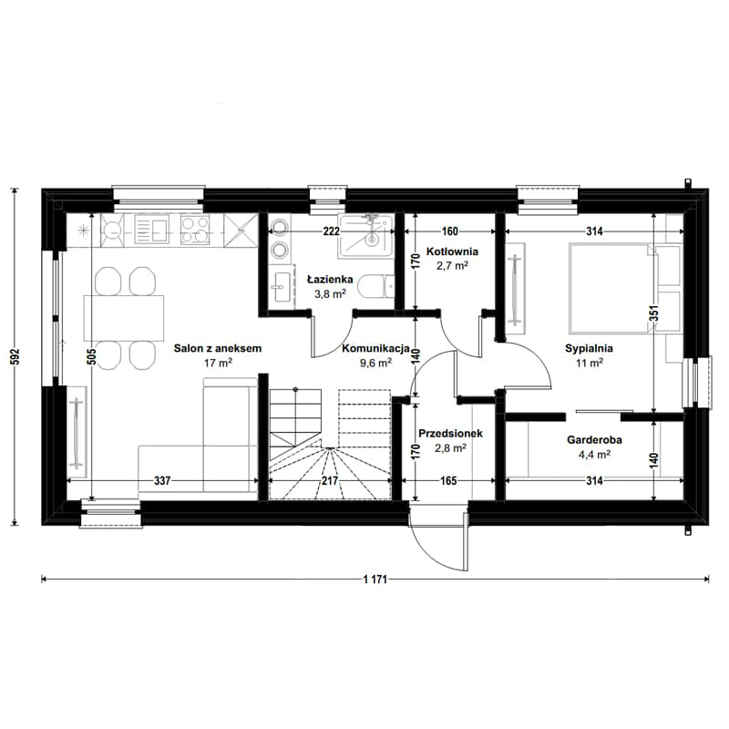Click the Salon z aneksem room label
click(x=218, y=348)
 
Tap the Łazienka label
click(x=330, y=280)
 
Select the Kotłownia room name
click(x=452, y=252)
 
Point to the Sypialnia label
click(x=589, y=348)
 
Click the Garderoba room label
click(x=594, y=440)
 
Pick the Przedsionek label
click(x=450, y=434)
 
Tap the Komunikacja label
click(x=375, y=348)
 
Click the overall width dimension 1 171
click(x=375, y=580)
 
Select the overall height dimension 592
click(x=15, y=356)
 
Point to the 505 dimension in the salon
click(x=92, y=356)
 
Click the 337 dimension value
click(x=162, y=480)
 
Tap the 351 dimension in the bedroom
click(x=653, y=314)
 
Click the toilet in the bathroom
click(x=377, y=286)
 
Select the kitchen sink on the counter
click(x=151, y=229)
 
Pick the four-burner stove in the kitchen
click(x=195, y=230)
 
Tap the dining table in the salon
click(x=124, y=318)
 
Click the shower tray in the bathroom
click(x=366, y=236)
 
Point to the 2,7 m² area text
click(x=452, y=266)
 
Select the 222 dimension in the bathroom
click(x=331, y=231)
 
